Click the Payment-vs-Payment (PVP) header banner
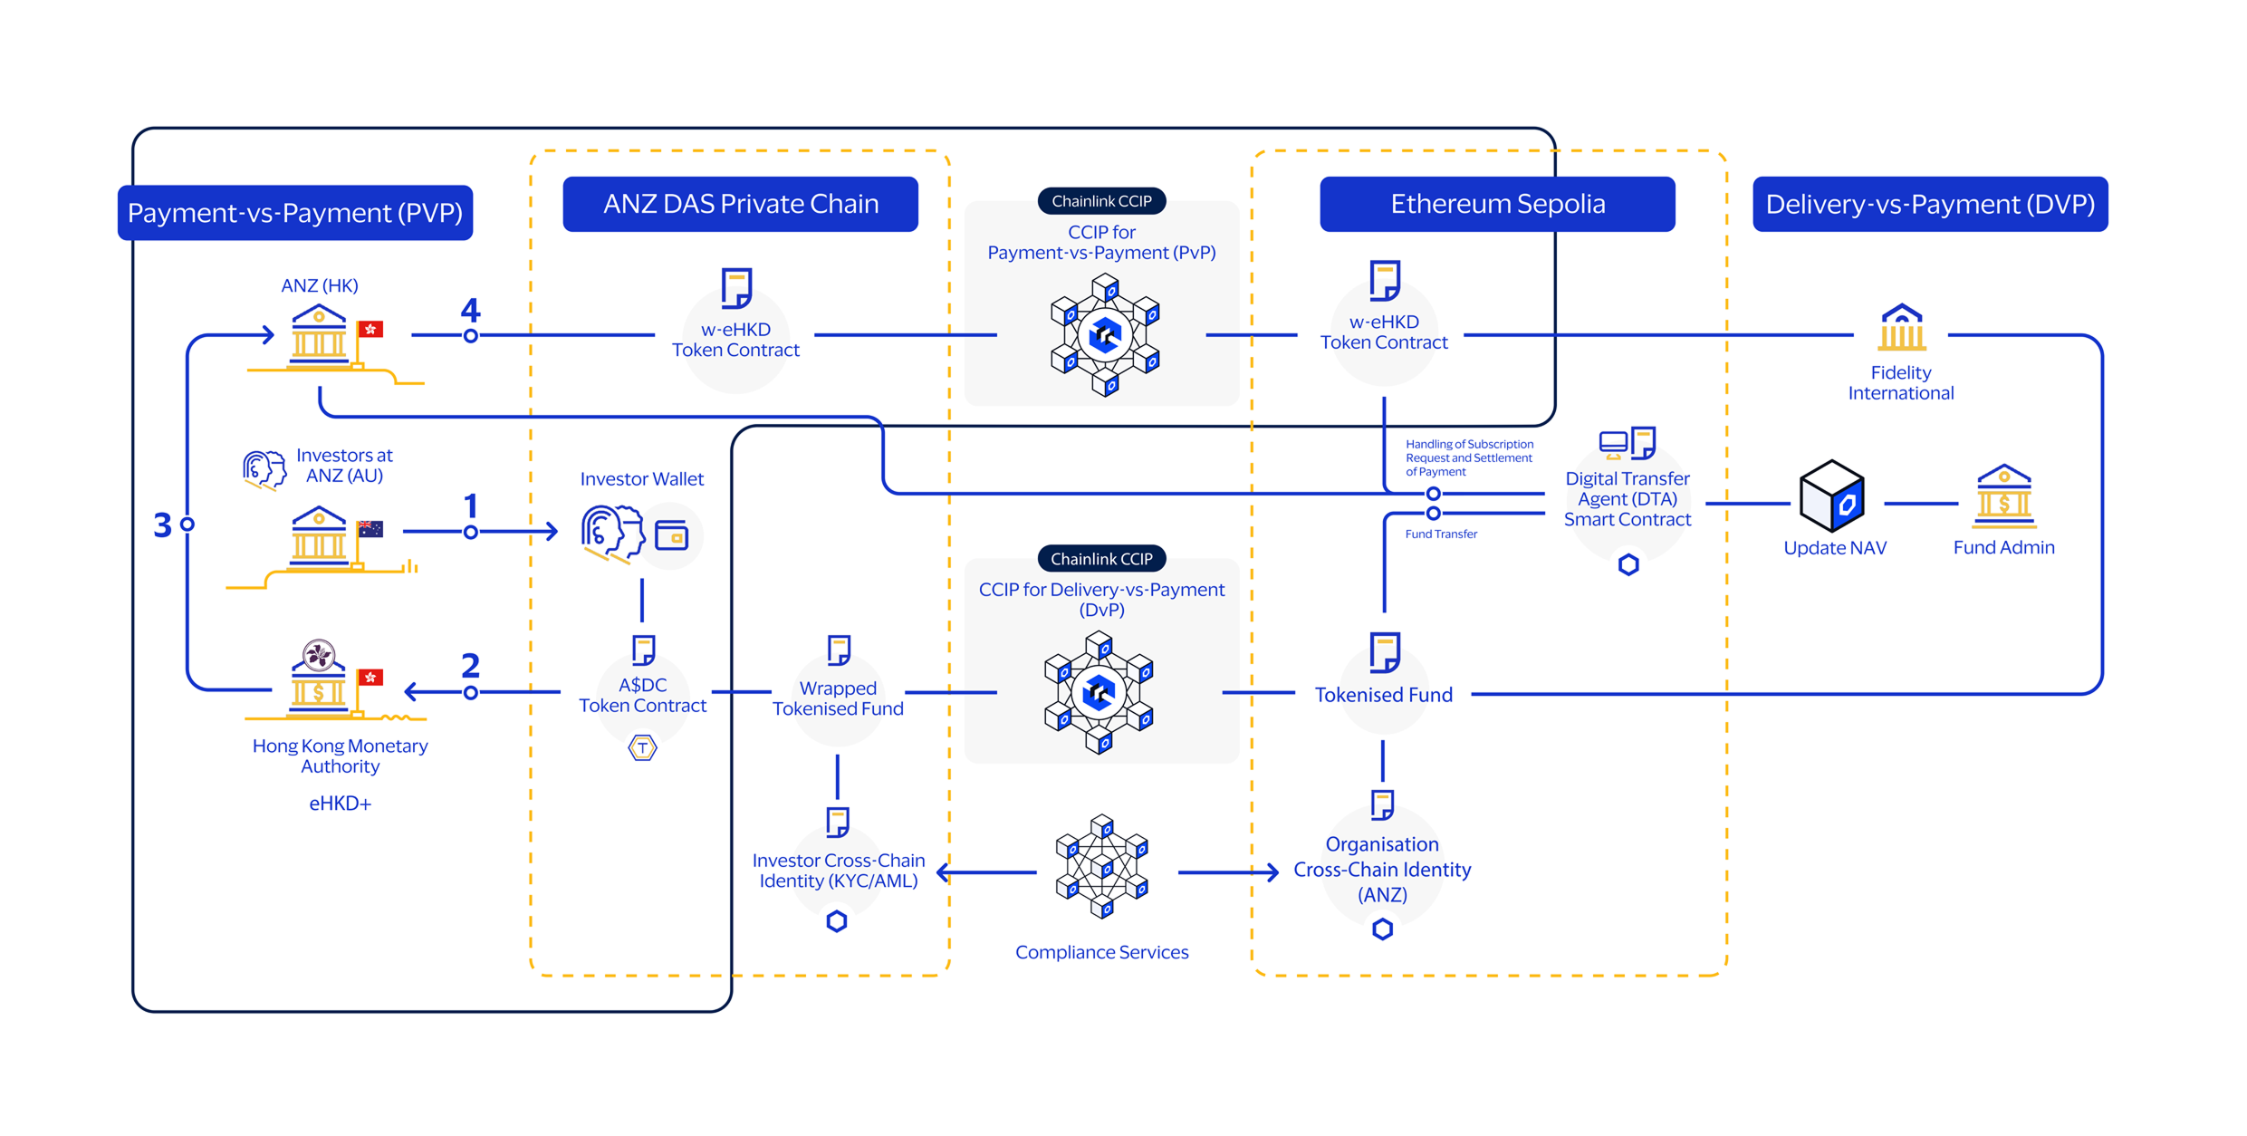(x=295, y=213)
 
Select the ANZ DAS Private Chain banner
(x=740, y=204)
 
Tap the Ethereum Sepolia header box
(x=1496, y=204)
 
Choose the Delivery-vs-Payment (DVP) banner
(x=1929, y=204)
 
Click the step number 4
(x=470, y=311)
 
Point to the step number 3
(x=162, y=525)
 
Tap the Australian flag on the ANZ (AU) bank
(x=370, y=529)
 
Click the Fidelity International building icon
(x=1900, y=328)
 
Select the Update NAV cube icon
(x=1831, y=496)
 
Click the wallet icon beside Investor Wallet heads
(x=671, y=536)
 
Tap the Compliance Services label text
(x=1101, y=952)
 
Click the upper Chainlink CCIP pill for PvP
(x=1101, y=201)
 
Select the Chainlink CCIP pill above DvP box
(x=1101, y=559)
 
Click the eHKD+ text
(x=340, y=804)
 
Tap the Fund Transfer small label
(x=1440, y=534)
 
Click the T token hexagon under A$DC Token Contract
(x=642, y=748)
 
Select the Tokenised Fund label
(x=1383, y=695)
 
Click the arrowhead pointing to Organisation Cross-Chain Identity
(x=1272, y=872)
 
